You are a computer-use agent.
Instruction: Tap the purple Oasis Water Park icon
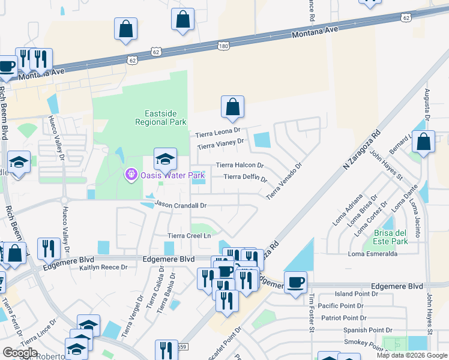coord(130,175)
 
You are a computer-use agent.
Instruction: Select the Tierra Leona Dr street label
coord(218,132)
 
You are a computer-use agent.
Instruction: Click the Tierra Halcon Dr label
coord(240,165)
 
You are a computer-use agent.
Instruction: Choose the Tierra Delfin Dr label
coord(245,177)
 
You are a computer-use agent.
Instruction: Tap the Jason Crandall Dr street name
coord(181,205)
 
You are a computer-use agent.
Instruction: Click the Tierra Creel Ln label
coord(190,236)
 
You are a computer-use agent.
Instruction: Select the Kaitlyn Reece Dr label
coord(103,267)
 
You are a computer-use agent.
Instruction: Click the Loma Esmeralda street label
coord(373,254)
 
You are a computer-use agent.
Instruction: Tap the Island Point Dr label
coord(355,294)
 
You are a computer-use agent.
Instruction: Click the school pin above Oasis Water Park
coord(166,159)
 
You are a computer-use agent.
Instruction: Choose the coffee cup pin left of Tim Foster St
coord(295,282)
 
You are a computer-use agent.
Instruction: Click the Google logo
coord(20,353)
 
